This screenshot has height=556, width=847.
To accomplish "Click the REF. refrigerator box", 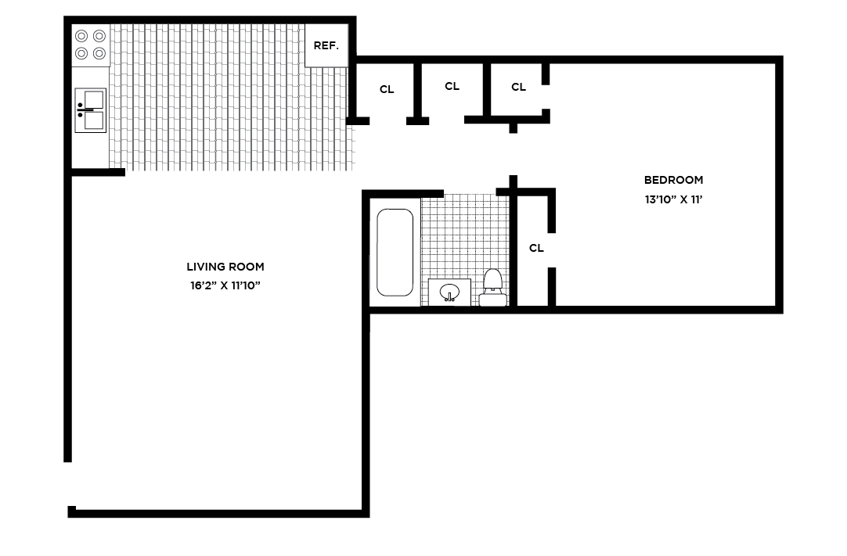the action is (326, 45).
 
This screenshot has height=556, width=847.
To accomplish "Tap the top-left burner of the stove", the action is (81, 36).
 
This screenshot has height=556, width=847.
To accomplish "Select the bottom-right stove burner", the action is (99, 53).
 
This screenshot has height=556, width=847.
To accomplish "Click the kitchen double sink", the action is (91, 110).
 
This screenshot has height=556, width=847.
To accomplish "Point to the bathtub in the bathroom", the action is (395, 253).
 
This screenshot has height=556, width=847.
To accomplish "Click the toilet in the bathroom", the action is (492, 288).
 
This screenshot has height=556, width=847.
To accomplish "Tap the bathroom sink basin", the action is (449, 292).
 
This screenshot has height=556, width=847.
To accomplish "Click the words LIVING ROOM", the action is (225, 267).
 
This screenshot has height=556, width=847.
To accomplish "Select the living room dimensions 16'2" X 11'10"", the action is (225, 285).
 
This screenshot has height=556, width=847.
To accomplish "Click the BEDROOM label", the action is (673, 181).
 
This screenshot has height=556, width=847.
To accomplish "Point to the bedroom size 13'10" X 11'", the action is (673, 199).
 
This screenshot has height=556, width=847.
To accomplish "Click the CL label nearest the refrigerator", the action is (387, 90).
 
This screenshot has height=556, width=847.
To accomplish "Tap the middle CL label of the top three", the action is (452, 86).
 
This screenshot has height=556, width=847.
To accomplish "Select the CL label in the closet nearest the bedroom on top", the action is (518, 87).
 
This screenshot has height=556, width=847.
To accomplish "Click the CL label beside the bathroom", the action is (536, 248).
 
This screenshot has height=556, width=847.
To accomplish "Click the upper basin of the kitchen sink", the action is (93, 99).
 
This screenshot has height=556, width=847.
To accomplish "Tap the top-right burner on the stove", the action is (99, 36).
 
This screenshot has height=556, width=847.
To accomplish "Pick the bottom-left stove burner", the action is (81, 53).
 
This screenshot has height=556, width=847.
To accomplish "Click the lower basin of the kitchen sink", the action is (93, 120).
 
